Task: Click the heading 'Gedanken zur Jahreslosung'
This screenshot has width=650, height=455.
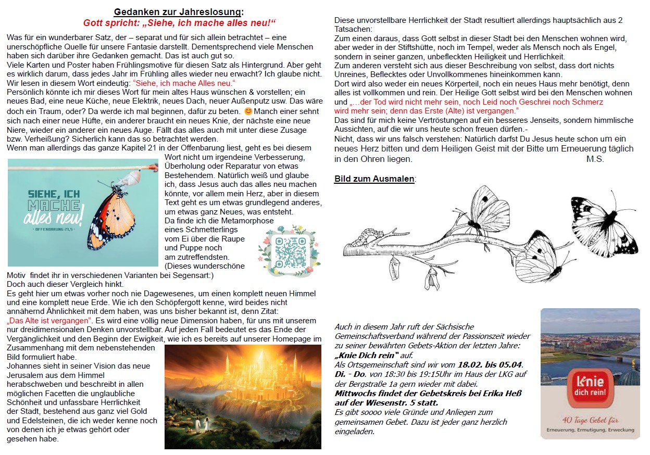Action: point(179,12)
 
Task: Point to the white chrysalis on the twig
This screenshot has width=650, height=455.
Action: point(134,177)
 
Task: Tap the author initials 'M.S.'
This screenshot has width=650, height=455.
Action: point(595,159)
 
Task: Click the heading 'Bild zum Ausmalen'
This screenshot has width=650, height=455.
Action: point(374,179)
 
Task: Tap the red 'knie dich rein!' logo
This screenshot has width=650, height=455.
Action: point(590,386)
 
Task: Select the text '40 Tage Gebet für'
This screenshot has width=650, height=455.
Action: point(590,420)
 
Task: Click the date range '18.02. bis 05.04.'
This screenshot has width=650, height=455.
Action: point(490,364)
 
